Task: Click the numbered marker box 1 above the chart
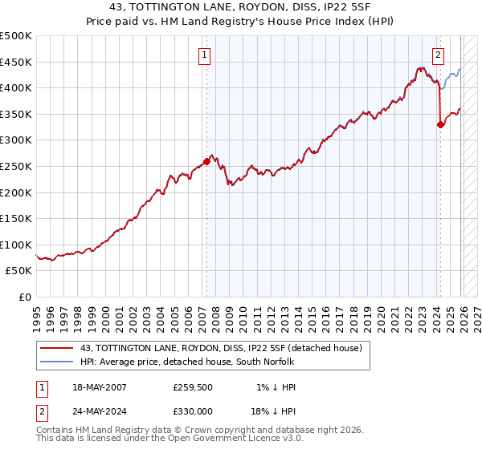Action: point(205,55)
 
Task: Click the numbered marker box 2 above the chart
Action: point(439,55)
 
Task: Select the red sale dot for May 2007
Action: point(206,161)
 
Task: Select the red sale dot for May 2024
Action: point(440,124)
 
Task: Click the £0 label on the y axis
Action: point(26,297)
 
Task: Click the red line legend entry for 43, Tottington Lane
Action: point(222,348)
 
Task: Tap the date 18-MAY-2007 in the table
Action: point(97,387)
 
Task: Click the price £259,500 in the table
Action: point(192,387)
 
